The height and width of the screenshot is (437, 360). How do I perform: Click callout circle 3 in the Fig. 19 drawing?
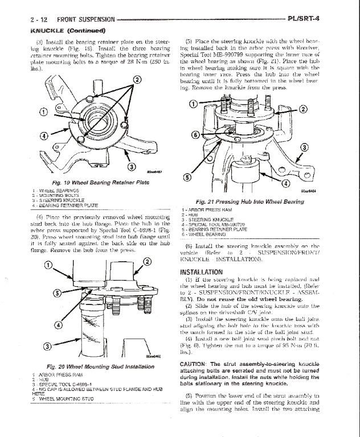(x=130, y=166)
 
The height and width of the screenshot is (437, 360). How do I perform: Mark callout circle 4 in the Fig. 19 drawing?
(x=44, y=135)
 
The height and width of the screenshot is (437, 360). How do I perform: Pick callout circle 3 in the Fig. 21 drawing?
(x=304, y=148)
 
